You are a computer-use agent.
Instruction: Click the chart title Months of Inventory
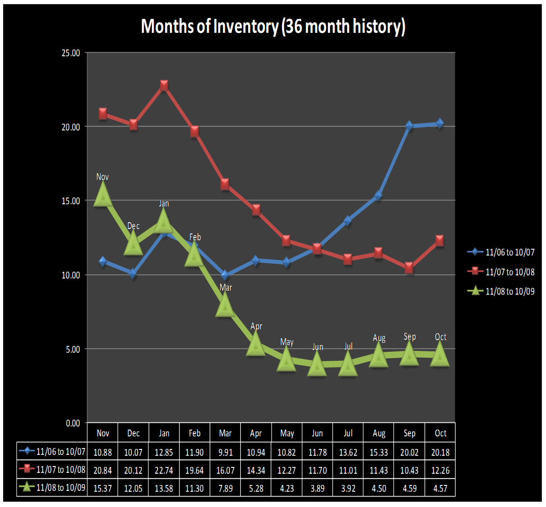click(x=273, y=26)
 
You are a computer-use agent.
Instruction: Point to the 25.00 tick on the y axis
click(x=71, y=53)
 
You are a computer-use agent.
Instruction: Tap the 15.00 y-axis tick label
click(x=71, y=201)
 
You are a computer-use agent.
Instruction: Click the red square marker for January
click(x=164, y=85)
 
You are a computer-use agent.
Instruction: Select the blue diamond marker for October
click(x=440, y=123)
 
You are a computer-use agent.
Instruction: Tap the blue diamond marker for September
click(x=409, y=126)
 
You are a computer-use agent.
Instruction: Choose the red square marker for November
click(x=103, y=113)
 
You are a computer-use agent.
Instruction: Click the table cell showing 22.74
click(x=164, y=471)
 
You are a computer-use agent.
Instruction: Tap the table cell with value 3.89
click(x=318, y=489)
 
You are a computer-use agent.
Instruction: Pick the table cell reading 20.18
click(x=440, y=453)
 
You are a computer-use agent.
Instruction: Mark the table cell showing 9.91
click(x=225, y=453)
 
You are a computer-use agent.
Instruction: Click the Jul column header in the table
click(x=348, y=433)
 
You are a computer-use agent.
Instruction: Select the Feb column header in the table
click(x=195, y=433)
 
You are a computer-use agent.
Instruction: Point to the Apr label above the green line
click(x=256, y=326)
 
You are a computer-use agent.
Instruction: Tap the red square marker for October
click(x=440, y=241)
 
